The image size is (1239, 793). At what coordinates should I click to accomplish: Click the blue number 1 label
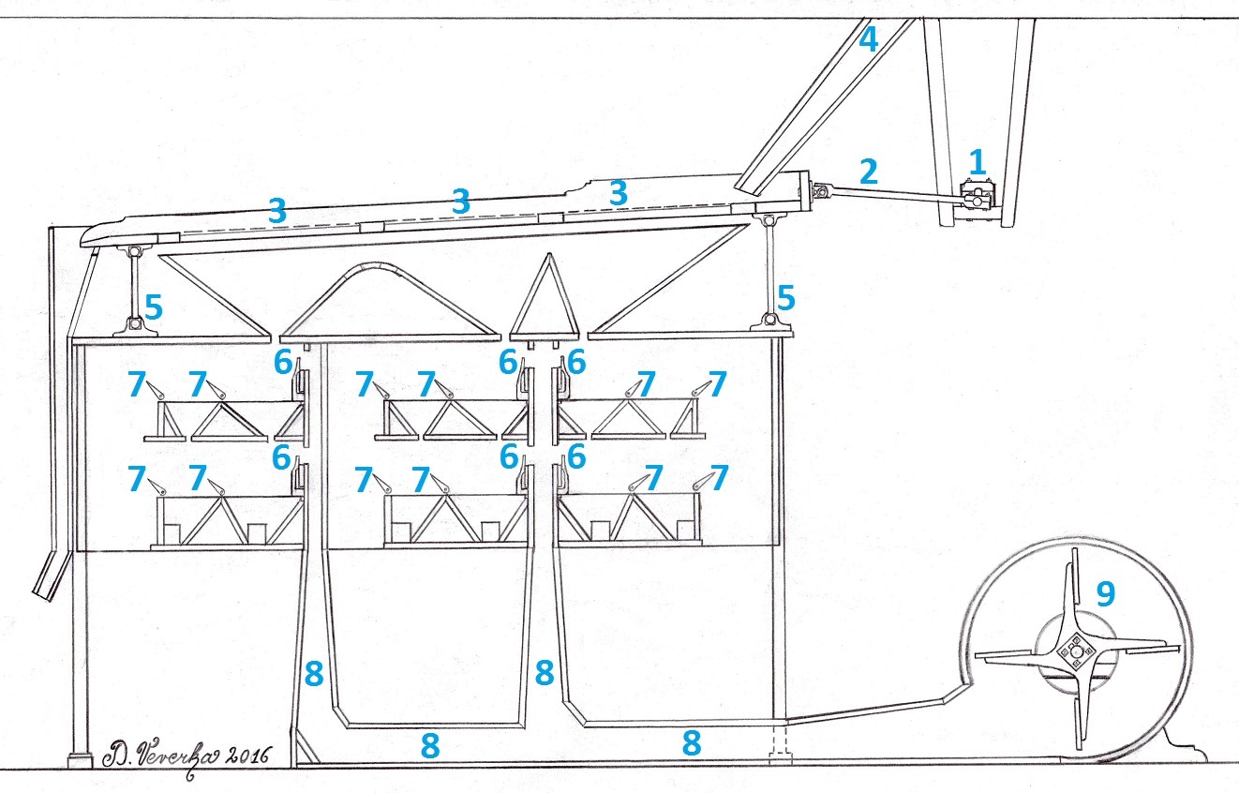[978, 162]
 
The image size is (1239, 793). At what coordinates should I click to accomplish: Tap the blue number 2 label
[868, 171]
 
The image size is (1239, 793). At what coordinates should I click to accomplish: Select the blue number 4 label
[869, 40]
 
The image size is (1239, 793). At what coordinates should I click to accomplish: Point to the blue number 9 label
[1106, 592]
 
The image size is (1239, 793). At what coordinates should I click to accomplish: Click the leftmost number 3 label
[277, 211]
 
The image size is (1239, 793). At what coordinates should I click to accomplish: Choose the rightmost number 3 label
[617, 191]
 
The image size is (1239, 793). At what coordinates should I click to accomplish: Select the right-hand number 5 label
[786, 299]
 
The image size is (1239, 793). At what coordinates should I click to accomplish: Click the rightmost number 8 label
[692, 743]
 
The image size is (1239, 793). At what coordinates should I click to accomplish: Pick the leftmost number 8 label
[314, 673]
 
